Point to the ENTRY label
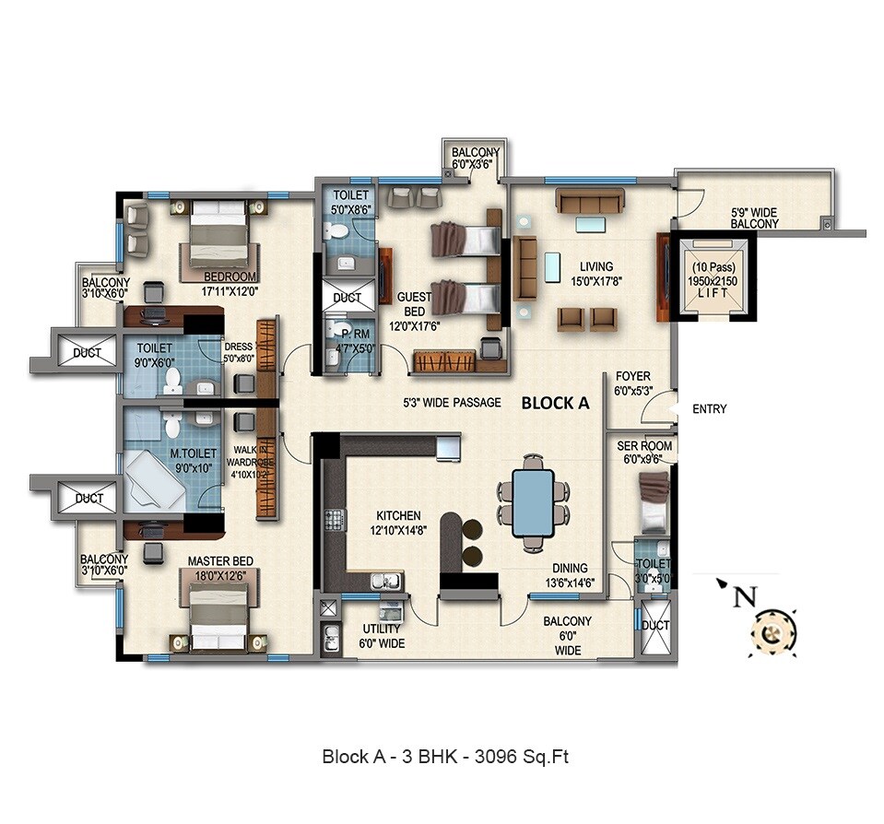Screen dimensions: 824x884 coord(709,408)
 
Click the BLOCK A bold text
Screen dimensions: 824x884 coord(557,403)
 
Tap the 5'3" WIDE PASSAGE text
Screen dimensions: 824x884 coord(452,403)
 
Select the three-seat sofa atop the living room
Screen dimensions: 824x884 coord(590,200)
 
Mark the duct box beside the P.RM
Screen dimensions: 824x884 coord(348,298)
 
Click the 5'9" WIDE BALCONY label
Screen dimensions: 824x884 coord(754,218)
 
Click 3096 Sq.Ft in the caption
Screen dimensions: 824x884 coord(525,757)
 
